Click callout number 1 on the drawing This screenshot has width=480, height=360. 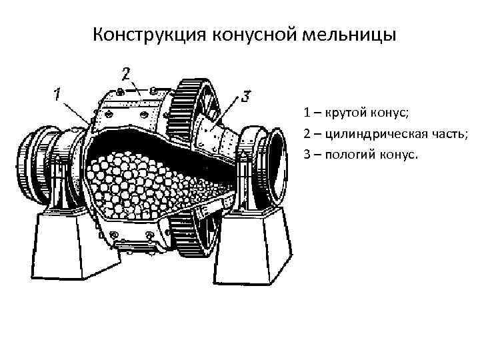[57, 93]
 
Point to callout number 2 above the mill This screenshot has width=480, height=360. [126, 72]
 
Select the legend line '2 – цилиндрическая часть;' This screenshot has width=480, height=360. [386, 133]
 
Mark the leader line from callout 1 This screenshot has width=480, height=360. [75, 109]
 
